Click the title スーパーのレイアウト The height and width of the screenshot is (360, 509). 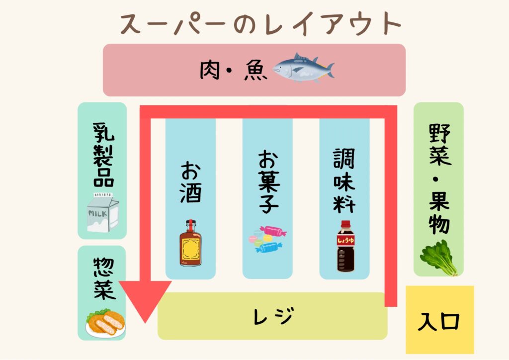[261, 24]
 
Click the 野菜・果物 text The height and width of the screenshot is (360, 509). [439, 179]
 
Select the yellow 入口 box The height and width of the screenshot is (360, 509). [440, 320]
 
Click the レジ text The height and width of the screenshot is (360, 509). [272, 316]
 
